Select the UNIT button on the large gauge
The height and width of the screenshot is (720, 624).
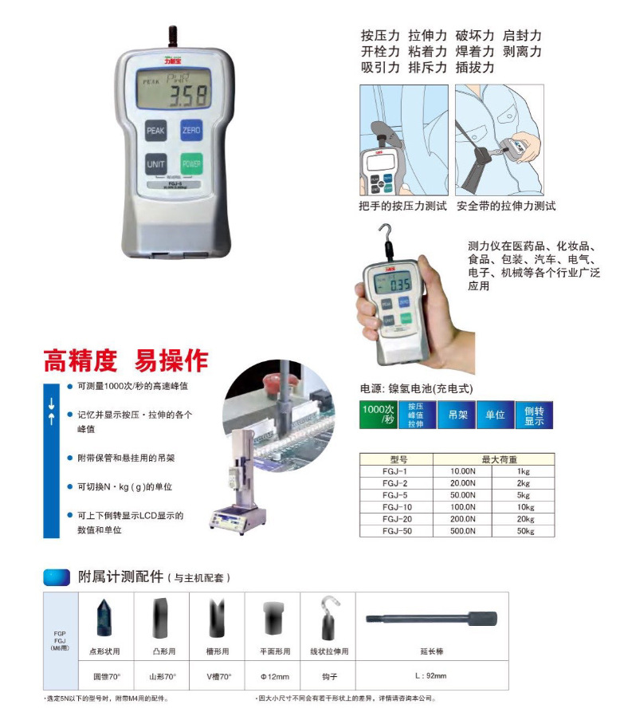(x=155, y=164)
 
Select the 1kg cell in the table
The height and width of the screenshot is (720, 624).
(x=523, y=471)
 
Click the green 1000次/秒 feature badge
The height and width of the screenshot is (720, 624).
(x=378, y=415)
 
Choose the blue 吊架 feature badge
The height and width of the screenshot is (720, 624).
(x=457, y=415)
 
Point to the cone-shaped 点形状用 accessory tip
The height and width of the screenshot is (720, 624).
(x=104, y=617)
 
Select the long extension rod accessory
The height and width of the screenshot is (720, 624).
(x=430, y=618)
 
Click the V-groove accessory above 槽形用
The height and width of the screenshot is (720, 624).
(x=217, y=618)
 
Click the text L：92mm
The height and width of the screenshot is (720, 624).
(x=430, y=676)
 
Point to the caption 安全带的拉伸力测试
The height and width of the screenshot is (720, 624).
(x=506, y=206)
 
